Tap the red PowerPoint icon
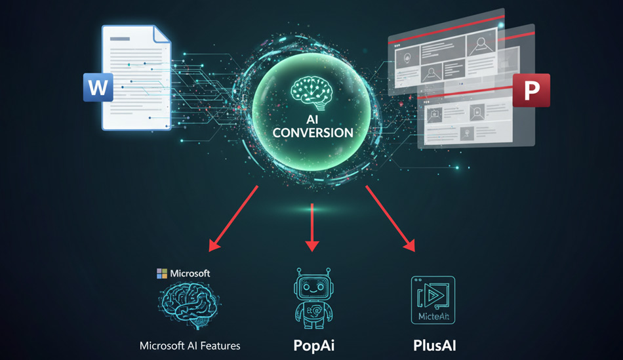[x=531, y=90]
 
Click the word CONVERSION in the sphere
[x=313, y=132]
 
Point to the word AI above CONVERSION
[x=313, y=119]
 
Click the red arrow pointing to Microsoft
[x=234, y=218]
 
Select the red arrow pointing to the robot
[x=312, y=227]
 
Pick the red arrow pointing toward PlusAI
[x=390, y=218]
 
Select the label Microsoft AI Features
[x=190, y=345]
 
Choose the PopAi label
[x=312, y=345]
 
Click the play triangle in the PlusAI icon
[x=433, y=295]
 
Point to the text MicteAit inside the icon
[x=433, y=317]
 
